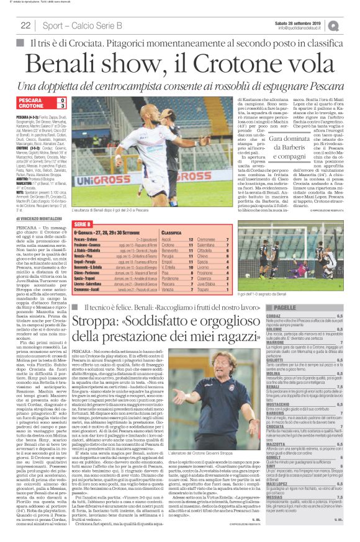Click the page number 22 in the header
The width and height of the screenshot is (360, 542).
25,25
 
